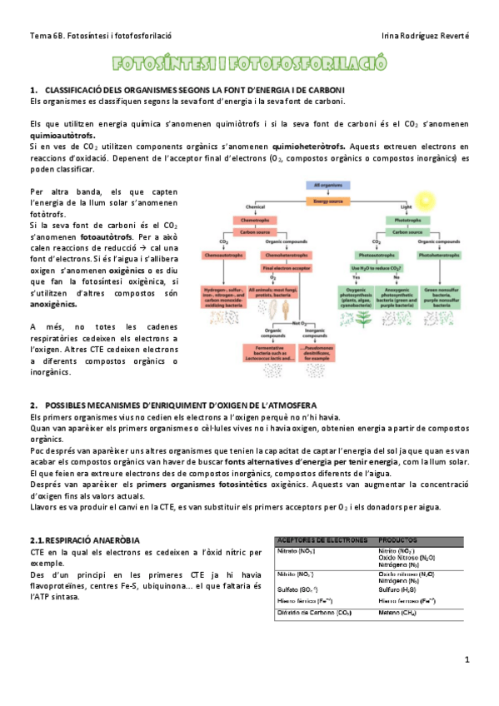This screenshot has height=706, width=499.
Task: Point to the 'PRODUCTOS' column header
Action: coord(398,540)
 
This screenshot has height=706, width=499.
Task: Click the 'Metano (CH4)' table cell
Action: coord(397,614)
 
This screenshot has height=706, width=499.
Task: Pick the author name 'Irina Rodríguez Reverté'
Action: coord(424,36)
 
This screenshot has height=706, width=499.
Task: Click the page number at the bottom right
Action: coord(467,659)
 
